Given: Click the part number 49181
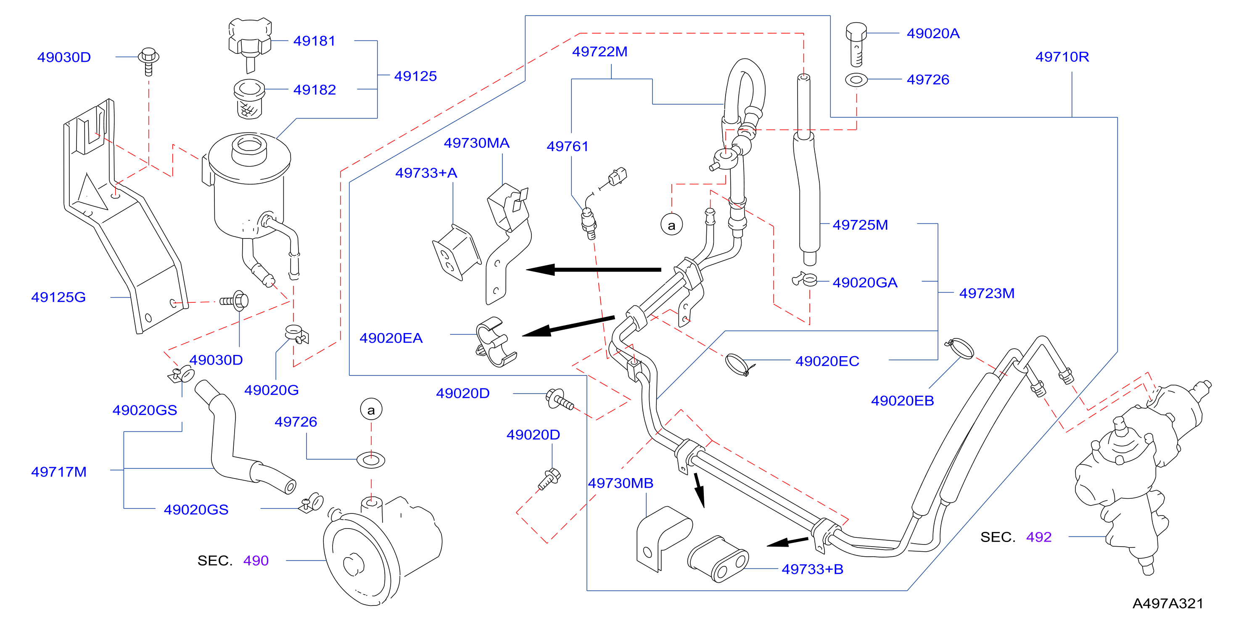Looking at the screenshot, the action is point(314,41).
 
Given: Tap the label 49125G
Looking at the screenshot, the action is point(58,297).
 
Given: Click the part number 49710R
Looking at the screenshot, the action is point(1062,57).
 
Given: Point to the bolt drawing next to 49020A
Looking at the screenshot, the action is point(856,44).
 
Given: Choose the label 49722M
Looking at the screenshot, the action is point(600,52).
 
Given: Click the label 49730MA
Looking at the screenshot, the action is point(476,143).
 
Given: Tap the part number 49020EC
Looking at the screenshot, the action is point(827,361).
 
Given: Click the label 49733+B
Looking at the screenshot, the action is point(813,569).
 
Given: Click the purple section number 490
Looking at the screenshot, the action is point(256,561).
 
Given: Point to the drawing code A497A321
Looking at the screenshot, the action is point(1168,603).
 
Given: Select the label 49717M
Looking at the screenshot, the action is point(59,472).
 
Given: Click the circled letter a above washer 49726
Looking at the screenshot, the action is point(371,410).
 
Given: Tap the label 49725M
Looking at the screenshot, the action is point(860,225).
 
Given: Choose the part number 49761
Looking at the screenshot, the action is point(568,146).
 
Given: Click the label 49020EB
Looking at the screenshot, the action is point(903,401).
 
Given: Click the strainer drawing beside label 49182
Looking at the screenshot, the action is point(249,99).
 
